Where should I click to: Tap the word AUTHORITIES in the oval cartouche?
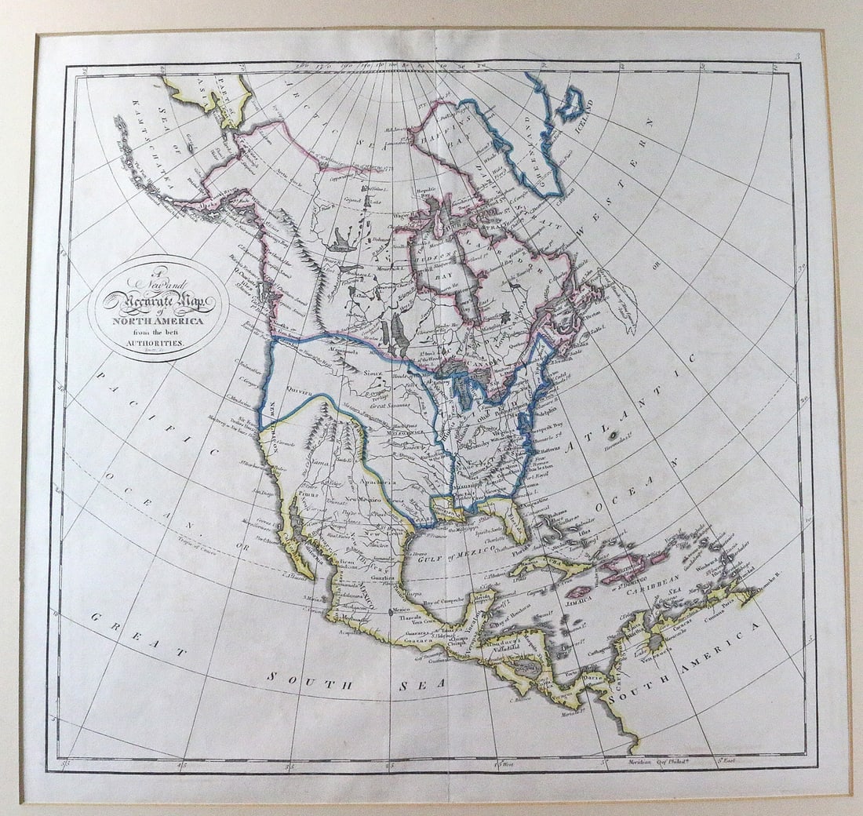click(x=158, y=344)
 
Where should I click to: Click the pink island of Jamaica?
click(x=578, y=589)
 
